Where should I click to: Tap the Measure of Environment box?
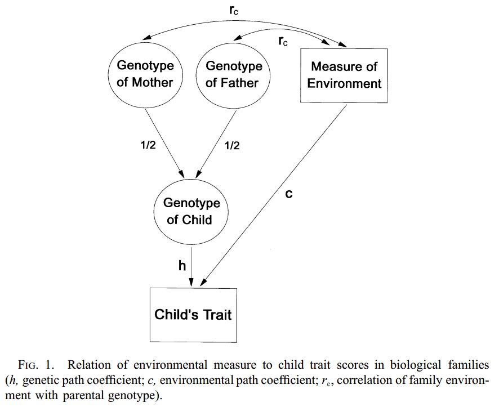pyautogui.click(x=344, y=75)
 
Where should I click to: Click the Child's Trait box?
pyautogui.click(x=193, y=314)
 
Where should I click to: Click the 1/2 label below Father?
pyautogui.click(x=231, y=145)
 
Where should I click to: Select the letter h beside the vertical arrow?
pyautogui.click(x=182, y=266)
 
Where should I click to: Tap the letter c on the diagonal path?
pyautogui.click(x=289, y=195)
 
